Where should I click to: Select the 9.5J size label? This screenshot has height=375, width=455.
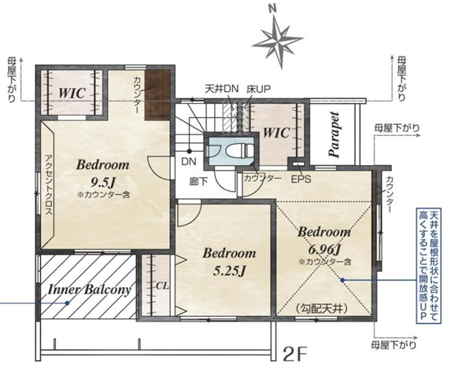[103, 182]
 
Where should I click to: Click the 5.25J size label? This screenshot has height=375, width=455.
[229, 270]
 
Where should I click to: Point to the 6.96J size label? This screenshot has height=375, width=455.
[324, 248]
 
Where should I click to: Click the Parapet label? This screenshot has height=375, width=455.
[335, 134]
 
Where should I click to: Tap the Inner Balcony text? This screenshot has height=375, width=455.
[90, 289]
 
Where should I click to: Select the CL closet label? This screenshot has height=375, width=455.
[162, 285]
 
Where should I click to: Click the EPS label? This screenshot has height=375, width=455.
[301, 179]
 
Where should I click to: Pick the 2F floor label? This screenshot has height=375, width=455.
[294, 353]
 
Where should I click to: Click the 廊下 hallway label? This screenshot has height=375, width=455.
[199, 182]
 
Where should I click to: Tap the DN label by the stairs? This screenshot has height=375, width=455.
[189, 161]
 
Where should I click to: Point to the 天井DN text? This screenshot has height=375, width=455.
[222, 88]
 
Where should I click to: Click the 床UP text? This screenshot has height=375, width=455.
[258, 89]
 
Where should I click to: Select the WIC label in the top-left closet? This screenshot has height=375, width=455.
[72, 93]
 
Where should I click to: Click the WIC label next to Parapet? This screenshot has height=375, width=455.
[276, 133]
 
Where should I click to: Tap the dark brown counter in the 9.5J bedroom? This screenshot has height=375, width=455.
[157, 95]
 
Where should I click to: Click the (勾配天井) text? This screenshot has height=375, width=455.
[321, 309]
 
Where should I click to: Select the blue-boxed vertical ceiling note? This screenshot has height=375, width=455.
[429, 266]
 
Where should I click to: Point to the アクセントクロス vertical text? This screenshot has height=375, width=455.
[49, 185]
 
